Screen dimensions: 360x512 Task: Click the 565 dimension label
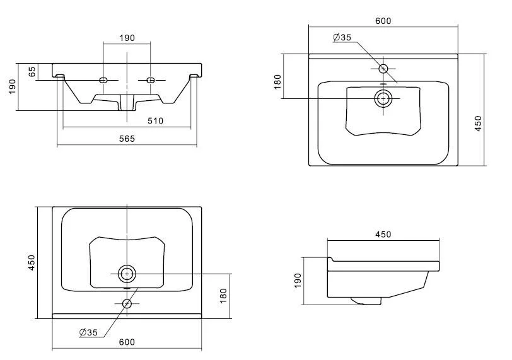pos(127,139)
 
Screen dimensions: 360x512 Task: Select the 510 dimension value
pos(156,120)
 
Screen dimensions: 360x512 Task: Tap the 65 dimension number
pos(32,71)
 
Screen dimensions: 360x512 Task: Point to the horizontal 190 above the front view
pos(127,38)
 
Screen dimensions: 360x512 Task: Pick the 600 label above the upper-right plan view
pos(383,21)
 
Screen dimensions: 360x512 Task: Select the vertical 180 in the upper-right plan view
pos(278,82)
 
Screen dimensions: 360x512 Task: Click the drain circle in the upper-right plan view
pos(383,98)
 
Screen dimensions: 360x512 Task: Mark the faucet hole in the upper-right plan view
pos(383,68)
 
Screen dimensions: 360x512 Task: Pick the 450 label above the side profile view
pos(383,235)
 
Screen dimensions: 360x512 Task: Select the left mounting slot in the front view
pos(104,80)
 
